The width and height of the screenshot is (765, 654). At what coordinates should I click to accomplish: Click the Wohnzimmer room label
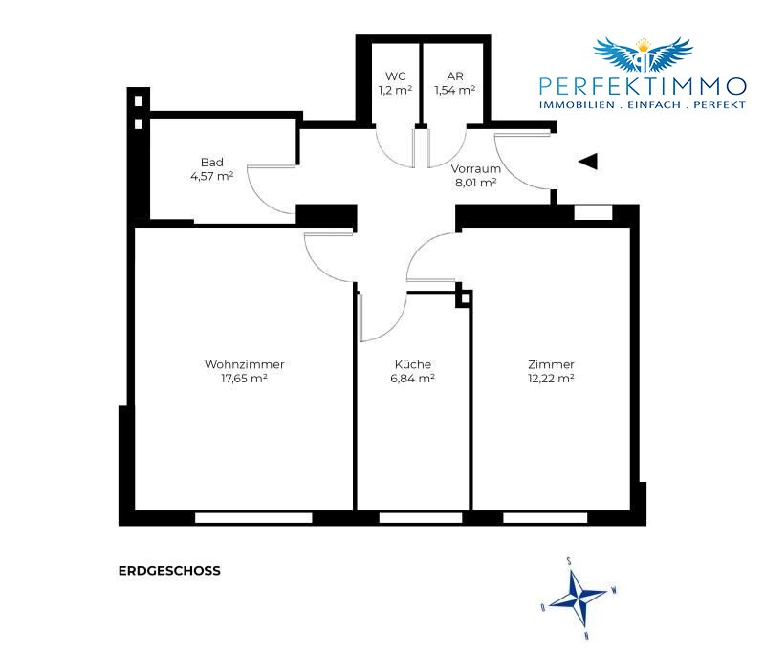[x=245, y=364]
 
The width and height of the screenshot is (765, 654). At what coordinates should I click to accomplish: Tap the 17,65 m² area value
[x=244, y=379]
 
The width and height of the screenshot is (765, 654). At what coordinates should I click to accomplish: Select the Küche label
[x=413, y=364]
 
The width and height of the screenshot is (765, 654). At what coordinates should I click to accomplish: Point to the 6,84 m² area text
[x=413, y=379]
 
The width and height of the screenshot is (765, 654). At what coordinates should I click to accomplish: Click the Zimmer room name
[x=551, y=364]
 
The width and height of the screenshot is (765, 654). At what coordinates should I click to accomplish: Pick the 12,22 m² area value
[x=551, y=379]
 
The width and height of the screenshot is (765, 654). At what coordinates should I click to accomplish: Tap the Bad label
[x=211, y=163]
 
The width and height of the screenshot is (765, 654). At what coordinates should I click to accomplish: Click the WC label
[x=395, y=76]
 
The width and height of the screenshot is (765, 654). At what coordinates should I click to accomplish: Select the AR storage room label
[x=455, y=76]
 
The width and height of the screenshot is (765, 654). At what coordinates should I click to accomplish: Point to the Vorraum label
[x=475, y=168]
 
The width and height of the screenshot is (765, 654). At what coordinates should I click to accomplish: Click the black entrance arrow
[x=588, y=162]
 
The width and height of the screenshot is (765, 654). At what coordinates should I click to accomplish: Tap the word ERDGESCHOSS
[x=169, y=571]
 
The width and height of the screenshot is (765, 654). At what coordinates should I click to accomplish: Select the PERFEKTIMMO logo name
[x=643, y=87]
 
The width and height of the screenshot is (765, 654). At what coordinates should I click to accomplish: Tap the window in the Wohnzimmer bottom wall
[x=253, y=518]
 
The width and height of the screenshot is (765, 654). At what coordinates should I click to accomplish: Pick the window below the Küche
[x=421, y=518]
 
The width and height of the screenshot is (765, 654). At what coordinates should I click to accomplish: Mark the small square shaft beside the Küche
[x=464, y=298]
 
